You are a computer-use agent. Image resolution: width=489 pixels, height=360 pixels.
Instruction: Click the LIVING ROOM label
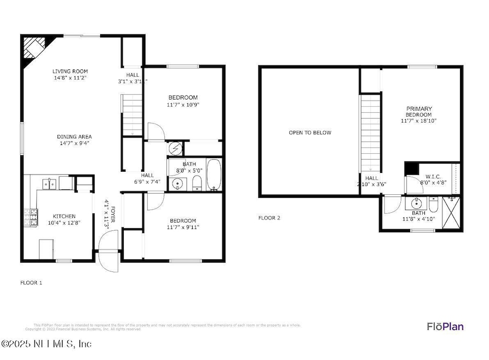(x=70, y=71)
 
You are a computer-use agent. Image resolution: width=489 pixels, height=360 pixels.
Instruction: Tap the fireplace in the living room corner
(x=33, y=49)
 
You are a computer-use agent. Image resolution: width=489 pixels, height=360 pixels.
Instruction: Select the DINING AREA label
(x=74, y=137)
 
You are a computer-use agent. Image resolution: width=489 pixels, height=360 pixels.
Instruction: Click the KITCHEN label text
(x=64, y=217)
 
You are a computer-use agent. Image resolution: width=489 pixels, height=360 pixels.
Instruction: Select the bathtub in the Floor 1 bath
(x=213, y=175)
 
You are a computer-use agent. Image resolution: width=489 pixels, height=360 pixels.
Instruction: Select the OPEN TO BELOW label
(x=310, y=132)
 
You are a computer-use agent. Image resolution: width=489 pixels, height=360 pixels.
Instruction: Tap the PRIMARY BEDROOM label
(x=419, y=112)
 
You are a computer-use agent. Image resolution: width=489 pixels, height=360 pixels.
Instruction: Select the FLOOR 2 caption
(x=269, y=218)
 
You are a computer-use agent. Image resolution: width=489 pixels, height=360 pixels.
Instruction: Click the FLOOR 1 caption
(x=31, y=283)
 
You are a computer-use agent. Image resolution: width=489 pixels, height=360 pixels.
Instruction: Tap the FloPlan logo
(x=445, y=327)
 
